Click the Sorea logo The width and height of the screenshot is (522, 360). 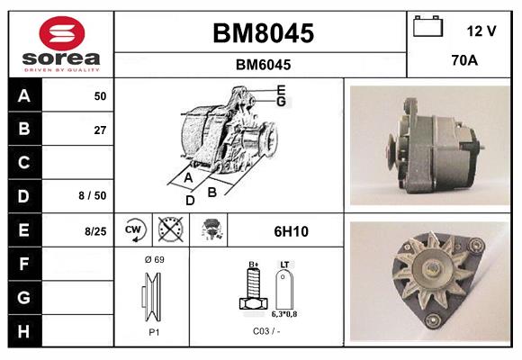pos(61,44)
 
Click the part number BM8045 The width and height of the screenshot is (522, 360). pos(263,34)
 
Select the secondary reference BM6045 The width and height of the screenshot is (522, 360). pos(263,65)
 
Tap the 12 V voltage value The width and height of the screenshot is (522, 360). pos(481,31)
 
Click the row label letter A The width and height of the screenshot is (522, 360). pos(23,95)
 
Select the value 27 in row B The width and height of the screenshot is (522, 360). pos(100,130)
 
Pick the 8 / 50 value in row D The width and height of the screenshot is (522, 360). pos(94,195)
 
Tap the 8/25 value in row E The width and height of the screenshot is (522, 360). pos(95,231)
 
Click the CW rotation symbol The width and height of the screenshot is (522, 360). pos(132,231)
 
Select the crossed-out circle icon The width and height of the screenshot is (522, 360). pos(169,231)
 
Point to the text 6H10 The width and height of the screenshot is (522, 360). pos(291,231)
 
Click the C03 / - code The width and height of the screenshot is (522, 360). pos(266,331)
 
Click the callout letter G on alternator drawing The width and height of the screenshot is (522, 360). pos(281,102)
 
